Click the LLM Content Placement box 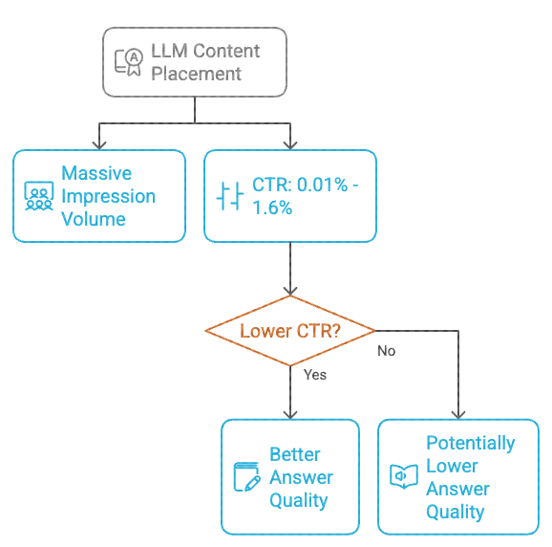(x=194, y=62)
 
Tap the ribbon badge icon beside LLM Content (x=128, y=62)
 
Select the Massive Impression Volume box (x=98, y=196)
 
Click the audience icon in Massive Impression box (x=38, y=196)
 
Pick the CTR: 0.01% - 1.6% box (x=290, y=196)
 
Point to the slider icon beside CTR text (x=230, y=197)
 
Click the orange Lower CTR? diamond (x=290, y=331)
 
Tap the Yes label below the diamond (x=314, y=375)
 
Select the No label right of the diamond (x=386, y=351)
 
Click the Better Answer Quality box (x=290, y=476)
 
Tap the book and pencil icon (x=247, y=476)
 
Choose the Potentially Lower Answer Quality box (x=457, y=476)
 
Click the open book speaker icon (x=404, y=476)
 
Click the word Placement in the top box (x=196, y=74)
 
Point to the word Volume (x=94, y=219)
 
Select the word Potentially (x=470, y=443)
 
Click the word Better (x=294, y=454)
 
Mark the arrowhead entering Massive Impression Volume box (x=98, y=144)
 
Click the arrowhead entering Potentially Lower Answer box (x=458, y=414)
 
